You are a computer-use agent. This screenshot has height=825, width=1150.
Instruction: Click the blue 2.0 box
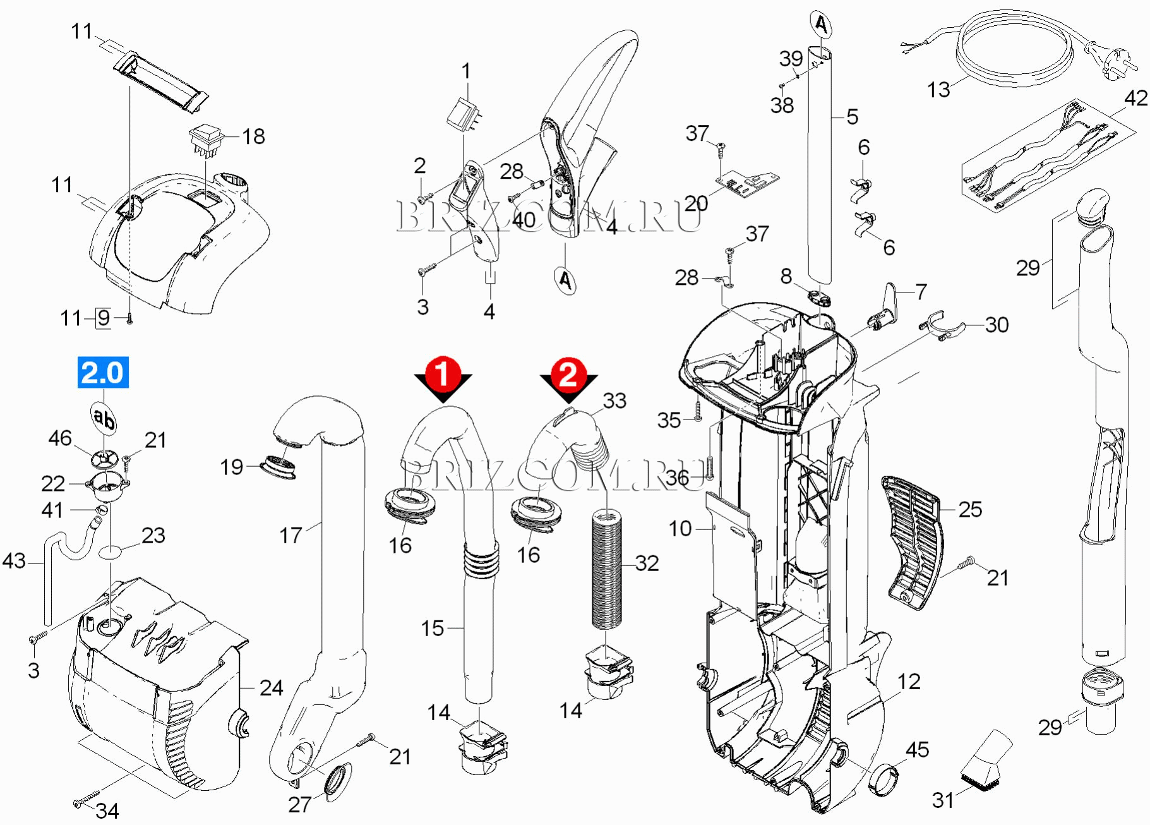pos(103,372)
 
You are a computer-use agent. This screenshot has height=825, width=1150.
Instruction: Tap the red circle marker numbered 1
pos(443,373)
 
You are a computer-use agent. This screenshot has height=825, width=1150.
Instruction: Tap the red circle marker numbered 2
pos(568,374)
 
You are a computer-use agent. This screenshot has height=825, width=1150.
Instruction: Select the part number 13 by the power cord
pos(938,90)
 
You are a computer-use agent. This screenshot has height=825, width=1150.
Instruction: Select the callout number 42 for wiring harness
pos(1135,98)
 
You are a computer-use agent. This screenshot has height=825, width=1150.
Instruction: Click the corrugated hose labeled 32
pos(606,569)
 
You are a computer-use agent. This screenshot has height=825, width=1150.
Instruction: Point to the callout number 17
pos(290,535)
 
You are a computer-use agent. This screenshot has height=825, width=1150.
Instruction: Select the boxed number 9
pos(104,318)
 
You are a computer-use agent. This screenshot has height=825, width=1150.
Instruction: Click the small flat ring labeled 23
pos(111,553)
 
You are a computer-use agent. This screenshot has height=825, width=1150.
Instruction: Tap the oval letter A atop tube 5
pos(820,25)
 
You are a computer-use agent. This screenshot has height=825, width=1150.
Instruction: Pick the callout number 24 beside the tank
pos(271,687)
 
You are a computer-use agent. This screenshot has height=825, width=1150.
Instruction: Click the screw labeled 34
pos(87,800)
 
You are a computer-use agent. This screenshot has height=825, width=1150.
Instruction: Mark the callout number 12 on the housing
pos(909,681)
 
